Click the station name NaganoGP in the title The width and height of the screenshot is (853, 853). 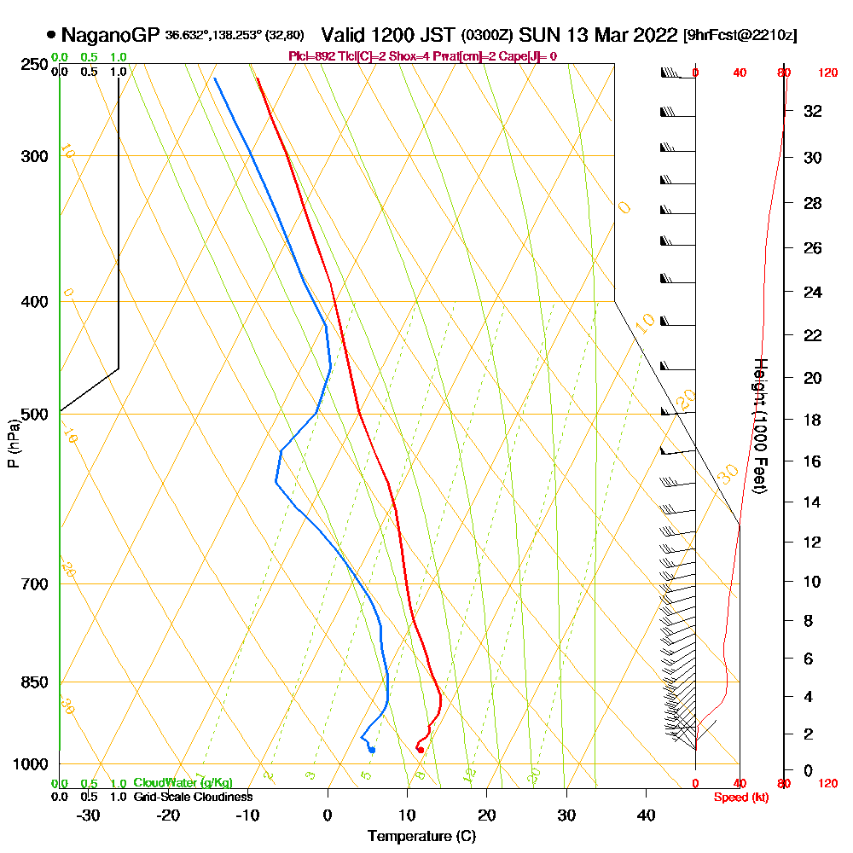point(111,35)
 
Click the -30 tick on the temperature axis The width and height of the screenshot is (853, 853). point(89,815)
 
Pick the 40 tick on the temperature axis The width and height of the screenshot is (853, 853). point(646,815)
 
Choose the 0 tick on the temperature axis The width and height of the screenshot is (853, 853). point(328,815)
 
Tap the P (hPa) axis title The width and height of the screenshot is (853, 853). point(13,444)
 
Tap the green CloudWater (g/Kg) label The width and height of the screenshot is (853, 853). point(183,783)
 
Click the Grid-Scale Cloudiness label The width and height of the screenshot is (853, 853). point(193,797)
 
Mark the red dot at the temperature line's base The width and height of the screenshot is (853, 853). point(420,750)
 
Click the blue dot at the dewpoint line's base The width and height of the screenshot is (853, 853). point(372,750)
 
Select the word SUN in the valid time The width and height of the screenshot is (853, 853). point(538,35)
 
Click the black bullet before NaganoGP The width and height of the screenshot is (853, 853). point(51,35)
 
